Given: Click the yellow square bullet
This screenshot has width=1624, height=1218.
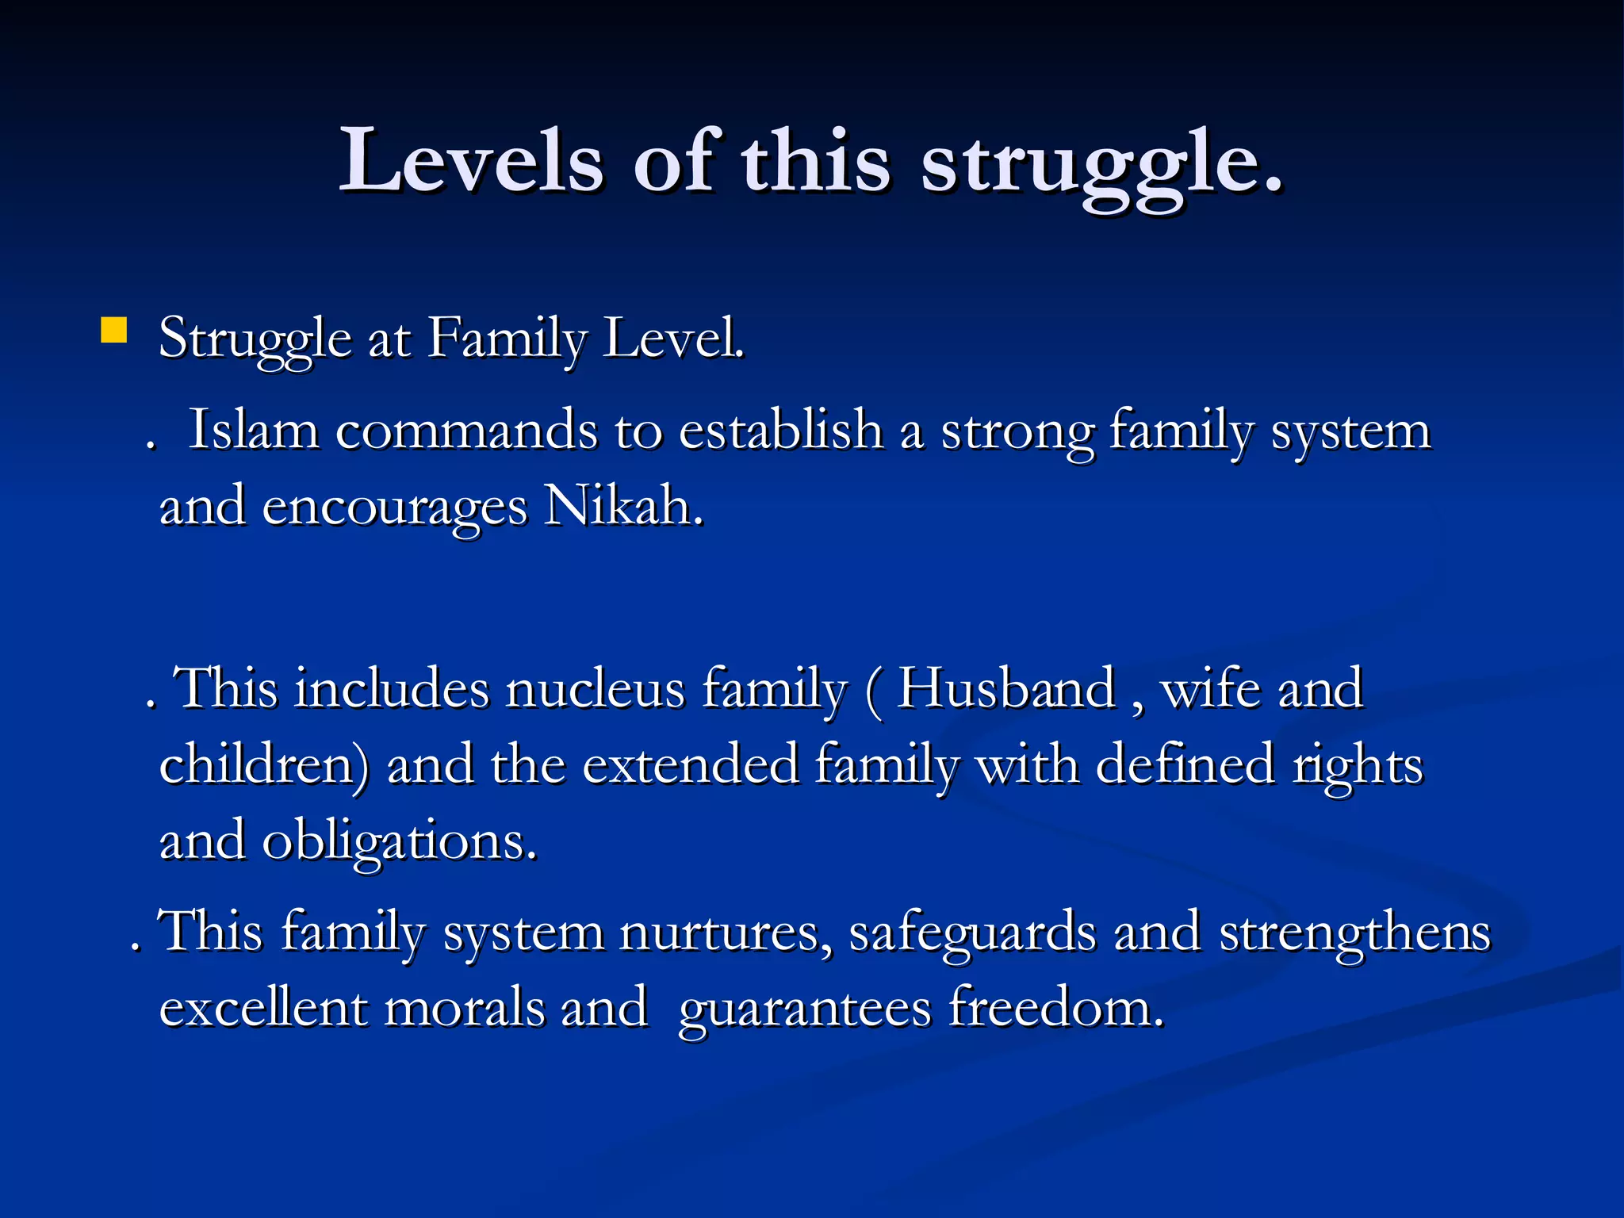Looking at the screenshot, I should click(114, 330).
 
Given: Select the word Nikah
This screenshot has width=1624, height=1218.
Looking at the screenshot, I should click(623, 507).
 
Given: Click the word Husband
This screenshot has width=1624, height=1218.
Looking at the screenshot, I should click(1005, 688).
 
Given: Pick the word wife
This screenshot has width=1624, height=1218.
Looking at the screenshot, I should click(1211, 688).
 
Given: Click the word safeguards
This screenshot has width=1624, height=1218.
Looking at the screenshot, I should click(972, 933).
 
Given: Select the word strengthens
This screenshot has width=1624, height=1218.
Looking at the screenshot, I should click(1354, 933).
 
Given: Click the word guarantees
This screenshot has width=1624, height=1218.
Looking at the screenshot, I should click(805, 1010).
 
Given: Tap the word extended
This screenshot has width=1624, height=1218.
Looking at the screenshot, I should click(690, 765).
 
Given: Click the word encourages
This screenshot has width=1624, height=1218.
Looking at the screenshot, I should click(394, 507).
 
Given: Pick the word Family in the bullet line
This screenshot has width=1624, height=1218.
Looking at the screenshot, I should click(507, 339).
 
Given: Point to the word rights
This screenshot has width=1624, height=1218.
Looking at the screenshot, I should click(1358, 767).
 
